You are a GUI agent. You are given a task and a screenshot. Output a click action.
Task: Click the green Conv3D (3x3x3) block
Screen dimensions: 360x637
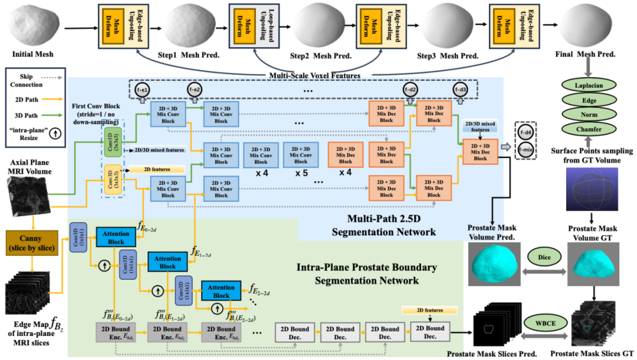pyautogui.click(x=109, y=138)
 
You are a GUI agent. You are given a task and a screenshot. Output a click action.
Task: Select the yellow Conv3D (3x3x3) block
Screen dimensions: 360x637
pyautogui.click(x=109, y=178)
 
